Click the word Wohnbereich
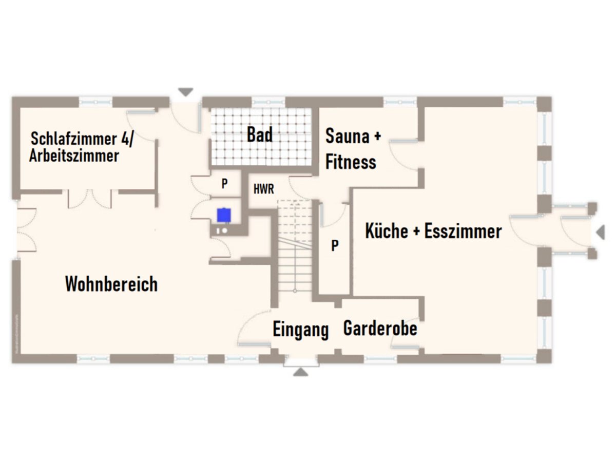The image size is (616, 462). (x=111, y=284)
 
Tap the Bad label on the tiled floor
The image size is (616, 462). (x=260, y=135)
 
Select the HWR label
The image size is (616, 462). (x=264, y=189)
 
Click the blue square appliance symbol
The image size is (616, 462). (x=223, y=215)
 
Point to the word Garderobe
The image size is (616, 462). (x=380, y=328)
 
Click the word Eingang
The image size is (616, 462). (x=300, y=330)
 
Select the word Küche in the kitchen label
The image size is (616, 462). (x=386, y=232)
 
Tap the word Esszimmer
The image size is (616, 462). (x=463, y=232)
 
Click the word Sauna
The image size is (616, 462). (x=348, y=137)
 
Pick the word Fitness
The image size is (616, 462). (x=351, y=162)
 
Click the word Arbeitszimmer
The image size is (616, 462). (x=74, y=156)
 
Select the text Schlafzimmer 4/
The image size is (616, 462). (x=82, y=139)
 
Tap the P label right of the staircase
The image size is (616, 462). (x=335, y=246)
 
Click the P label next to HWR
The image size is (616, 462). (x=224, y=184)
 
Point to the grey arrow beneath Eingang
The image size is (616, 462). (x=300, y=372)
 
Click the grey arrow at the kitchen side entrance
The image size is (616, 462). (x=600, y=233)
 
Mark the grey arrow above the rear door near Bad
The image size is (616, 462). (x=185, y=92)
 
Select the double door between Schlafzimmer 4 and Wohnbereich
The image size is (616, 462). (x=90, y=199)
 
